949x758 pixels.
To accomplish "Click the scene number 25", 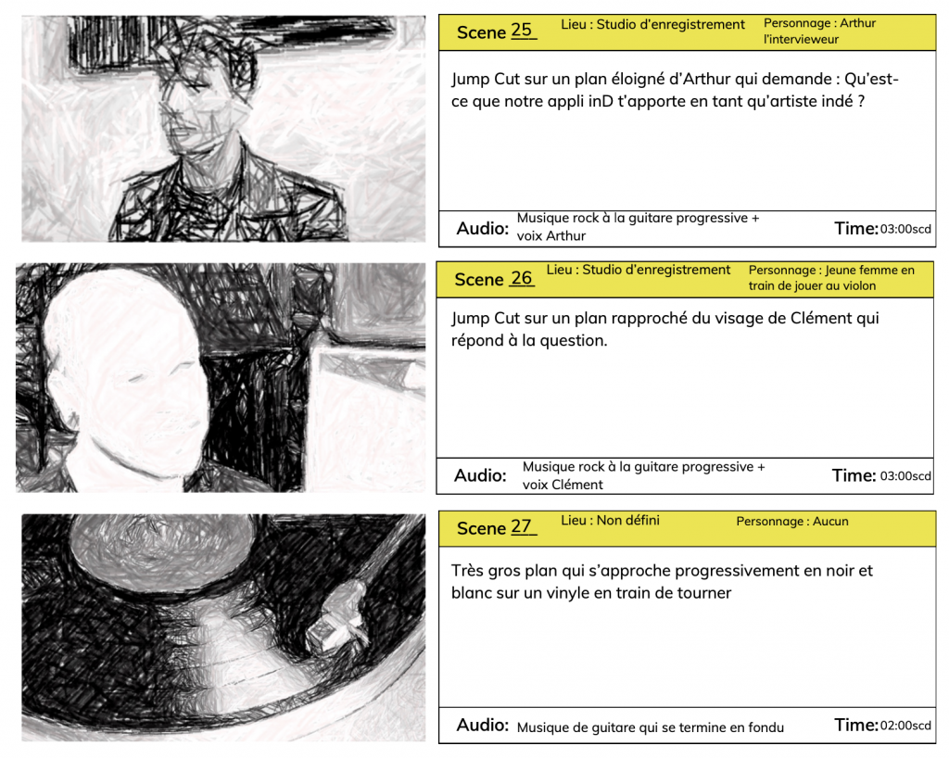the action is click(521, 30).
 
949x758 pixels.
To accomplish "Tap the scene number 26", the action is click(521, 278).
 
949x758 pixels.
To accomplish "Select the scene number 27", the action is click(521, 526).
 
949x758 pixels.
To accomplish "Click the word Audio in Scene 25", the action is click(482, 229).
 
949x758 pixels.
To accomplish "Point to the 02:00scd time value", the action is click(905, 725).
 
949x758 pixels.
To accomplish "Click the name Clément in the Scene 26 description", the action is click(821, 318).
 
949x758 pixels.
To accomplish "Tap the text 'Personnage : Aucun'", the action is click(792, 521).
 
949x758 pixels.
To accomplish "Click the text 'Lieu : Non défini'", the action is click(610, 520).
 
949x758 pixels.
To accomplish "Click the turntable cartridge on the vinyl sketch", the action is click(336, 619).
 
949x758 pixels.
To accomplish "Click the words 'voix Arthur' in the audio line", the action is click(550, 236).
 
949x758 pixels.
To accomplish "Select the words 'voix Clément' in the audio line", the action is click(563, 485).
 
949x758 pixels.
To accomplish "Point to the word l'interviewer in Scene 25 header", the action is click(801, 39).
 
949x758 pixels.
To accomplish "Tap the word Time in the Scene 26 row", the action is click(854, 475).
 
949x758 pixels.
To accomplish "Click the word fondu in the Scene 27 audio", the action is click(765, 727).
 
